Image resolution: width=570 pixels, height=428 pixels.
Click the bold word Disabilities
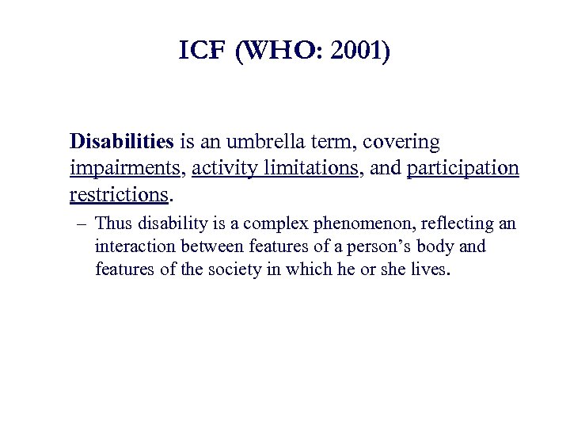click(121, 142)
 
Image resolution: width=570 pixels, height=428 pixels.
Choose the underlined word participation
click(463, 169)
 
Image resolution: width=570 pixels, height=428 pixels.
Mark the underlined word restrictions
click(119, 194)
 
